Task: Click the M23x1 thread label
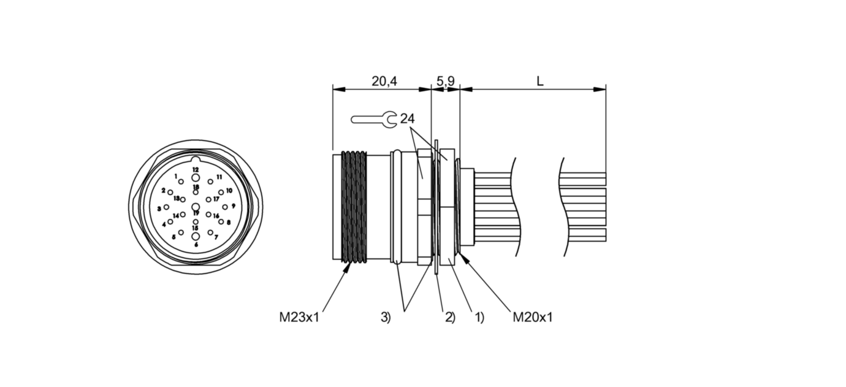[299, 317]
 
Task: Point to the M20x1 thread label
[533, 317]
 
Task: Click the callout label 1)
[479, 317]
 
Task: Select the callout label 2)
[450, 317]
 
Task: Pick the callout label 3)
[386, 317]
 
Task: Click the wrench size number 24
[407, 119]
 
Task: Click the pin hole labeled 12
[196, 177]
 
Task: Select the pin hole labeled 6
[196, 237]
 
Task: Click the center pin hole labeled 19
[196, 207]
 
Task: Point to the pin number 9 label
[234, 205]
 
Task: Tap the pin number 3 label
[159, 209]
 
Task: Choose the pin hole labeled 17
[208, 199]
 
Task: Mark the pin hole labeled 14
[183, 215]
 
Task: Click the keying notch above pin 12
[196, 161]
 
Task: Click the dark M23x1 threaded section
[353, 207]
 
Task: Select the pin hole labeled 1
[181, 182]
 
